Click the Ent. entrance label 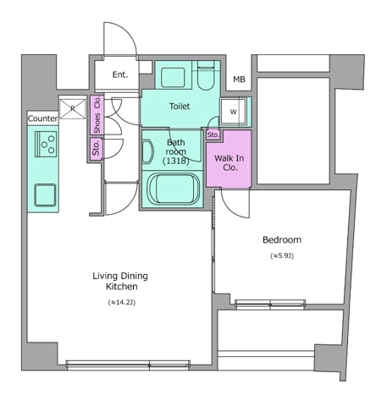[120, 74]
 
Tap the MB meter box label [239, 80]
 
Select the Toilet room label [180, 107]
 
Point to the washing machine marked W [233, 112]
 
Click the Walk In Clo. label [229, 162]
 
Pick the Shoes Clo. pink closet [97, 115]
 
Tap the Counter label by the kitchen [42, 118]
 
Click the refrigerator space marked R [73, 108]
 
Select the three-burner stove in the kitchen [46, 144]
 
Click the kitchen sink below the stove [45, 195]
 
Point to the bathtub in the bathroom [174, 189]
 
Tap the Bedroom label [282, 240]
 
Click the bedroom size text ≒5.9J [282, 255]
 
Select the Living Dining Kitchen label [120, 281]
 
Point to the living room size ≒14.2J [122, 303]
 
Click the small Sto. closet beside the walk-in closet [213, 135]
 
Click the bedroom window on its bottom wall [270, 304]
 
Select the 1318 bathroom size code [175, 162]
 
